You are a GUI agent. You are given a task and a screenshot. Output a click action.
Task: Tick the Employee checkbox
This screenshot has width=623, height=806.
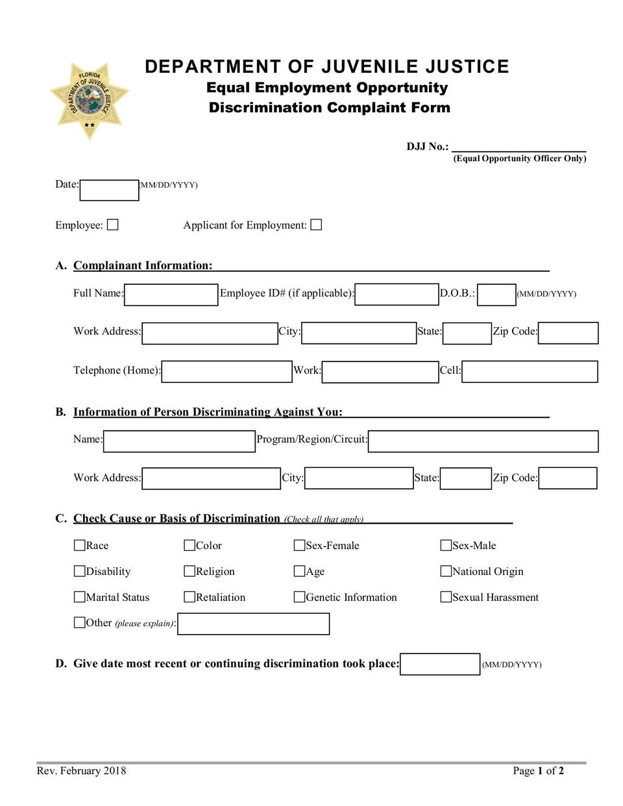[x=113, y=225]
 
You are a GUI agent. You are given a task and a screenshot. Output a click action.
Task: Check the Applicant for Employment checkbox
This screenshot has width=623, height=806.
[x=316, y=225]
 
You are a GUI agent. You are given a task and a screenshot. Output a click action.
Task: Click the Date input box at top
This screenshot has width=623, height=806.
[x=109, y=190]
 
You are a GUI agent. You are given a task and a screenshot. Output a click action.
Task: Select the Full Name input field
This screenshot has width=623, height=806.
[x=171, y=295]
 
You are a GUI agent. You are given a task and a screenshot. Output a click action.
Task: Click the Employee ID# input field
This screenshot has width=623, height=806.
[x=397, y=295]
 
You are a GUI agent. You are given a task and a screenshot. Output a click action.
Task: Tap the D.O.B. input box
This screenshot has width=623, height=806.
[x=496, y=295]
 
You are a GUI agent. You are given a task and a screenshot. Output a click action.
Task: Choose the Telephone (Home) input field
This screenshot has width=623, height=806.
[x=227, y=372]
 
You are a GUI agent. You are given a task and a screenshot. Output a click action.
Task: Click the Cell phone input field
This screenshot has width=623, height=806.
[x=530, y=372]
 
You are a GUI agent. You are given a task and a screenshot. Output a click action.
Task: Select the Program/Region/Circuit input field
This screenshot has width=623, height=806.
[x=483, y=441]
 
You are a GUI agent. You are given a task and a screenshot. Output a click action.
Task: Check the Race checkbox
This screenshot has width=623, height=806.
[x=80, y=545]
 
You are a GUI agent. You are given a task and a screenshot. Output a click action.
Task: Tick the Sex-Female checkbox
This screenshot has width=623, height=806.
[x=299, y=545]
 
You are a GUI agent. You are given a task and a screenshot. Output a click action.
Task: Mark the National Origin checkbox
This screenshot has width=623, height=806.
[x=446, y=571]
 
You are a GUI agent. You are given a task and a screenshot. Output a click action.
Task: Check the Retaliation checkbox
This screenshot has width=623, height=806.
[x=189, y=596]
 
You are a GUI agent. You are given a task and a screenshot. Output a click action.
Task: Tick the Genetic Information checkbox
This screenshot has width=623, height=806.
[x=299, y=596]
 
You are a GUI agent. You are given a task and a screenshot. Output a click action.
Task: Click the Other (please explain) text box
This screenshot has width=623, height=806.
[x=253, y=624]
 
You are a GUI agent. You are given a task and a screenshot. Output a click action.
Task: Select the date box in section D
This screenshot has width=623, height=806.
[x=440, y=665]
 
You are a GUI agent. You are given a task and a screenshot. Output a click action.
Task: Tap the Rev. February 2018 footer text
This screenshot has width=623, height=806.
[x=82, y=771]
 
